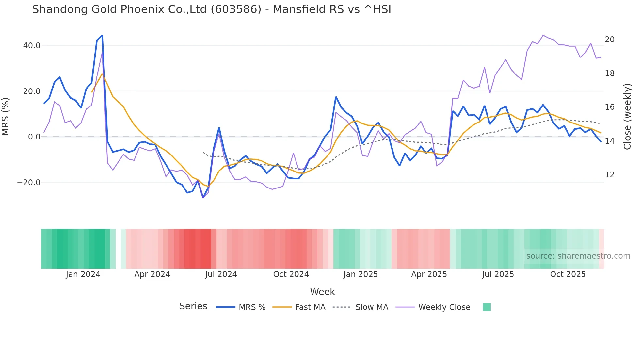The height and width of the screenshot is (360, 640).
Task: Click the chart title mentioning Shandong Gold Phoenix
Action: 211,9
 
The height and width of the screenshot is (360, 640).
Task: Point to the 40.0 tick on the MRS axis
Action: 32,46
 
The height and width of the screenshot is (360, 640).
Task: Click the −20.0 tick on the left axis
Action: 29,183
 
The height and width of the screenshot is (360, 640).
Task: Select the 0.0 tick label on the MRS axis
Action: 34,137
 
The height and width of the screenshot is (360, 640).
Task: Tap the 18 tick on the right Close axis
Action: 609,74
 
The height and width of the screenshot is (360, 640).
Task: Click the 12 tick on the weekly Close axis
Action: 609,175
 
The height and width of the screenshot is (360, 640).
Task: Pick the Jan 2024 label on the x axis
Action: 83,274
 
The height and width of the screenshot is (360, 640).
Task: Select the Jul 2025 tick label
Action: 498,274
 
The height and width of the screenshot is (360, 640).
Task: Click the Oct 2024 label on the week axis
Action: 291,274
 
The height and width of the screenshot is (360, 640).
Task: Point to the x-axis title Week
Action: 322,292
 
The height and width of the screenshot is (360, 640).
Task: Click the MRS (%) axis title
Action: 6,116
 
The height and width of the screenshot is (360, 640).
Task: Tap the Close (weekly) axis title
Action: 627,117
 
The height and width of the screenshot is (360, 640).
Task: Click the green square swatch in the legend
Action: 487,307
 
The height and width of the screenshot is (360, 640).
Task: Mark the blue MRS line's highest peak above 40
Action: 102,35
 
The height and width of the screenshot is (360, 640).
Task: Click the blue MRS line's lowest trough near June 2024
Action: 203,198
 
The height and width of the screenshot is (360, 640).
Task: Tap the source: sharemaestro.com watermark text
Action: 578,256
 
